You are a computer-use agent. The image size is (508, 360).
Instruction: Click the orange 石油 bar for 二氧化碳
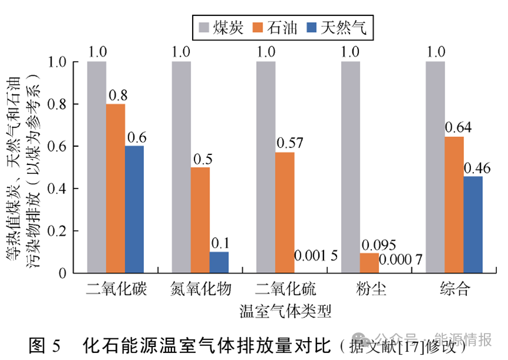point(116,189)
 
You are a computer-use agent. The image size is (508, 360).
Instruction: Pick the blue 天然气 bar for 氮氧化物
point(219,263)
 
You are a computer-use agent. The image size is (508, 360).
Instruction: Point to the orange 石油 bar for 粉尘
point(369,263)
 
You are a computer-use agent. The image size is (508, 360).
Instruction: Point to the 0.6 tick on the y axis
point(59,146)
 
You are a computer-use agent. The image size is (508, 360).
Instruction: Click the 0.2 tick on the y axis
point(59,231)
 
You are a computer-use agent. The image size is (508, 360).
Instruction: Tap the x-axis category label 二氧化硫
point(285,289)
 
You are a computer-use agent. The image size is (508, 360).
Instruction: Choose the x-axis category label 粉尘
point(371,289)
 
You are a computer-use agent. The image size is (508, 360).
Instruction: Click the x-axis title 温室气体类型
point(285,311)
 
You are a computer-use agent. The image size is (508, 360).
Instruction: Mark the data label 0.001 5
point(316,256)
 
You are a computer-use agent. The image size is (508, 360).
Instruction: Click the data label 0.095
point(378,244)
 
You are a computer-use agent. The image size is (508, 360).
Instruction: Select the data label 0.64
point(459,127)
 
